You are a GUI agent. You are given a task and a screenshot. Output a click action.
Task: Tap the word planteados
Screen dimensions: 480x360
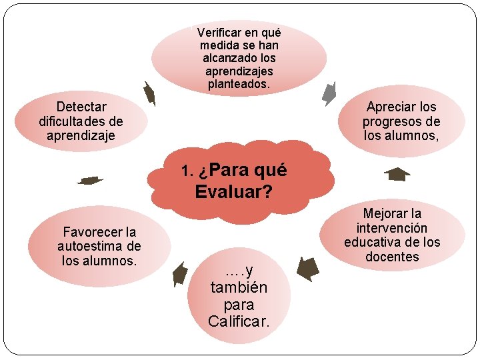(x=239, y=85)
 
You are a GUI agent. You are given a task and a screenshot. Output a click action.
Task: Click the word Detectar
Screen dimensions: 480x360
(x=81, y=107)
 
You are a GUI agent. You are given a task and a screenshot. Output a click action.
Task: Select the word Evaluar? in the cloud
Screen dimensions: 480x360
(x=233, y=193)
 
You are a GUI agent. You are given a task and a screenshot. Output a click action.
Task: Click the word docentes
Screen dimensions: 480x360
(x=392, y=257)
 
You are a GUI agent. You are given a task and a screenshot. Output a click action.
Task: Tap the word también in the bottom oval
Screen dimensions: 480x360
(x=239, y=288)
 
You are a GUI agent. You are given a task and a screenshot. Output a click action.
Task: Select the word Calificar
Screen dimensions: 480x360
(x=239, y=322)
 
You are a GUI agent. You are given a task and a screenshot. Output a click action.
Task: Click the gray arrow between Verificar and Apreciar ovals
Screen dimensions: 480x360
(x=330, y=93)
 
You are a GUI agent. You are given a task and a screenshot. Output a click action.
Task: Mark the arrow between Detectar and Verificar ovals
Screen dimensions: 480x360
(x=150, y=93)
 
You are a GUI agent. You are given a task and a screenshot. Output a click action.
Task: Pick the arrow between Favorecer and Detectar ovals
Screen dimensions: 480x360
(x=89, y=180)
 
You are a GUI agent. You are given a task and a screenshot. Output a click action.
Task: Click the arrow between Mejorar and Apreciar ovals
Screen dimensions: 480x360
(x=397, y=175)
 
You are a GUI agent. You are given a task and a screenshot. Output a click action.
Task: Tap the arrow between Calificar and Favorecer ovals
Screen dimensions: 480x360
(x=179, y=273)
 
